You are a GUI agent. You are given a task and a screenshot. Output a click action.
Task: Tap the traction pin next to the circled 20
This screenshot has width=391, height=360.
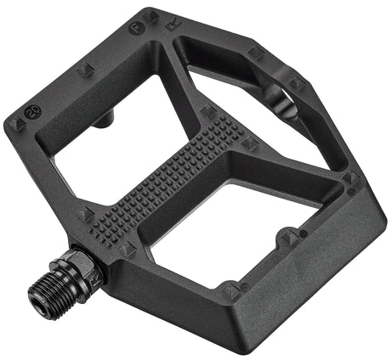[15, 124]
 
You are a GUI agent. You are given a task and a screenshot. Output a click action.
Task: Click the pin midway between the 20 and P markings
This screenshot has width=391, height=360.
[86, 69]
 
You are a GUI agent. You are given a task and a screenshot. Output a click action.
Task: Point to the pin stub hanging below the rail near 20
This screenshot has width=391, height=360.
[102, 121]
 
